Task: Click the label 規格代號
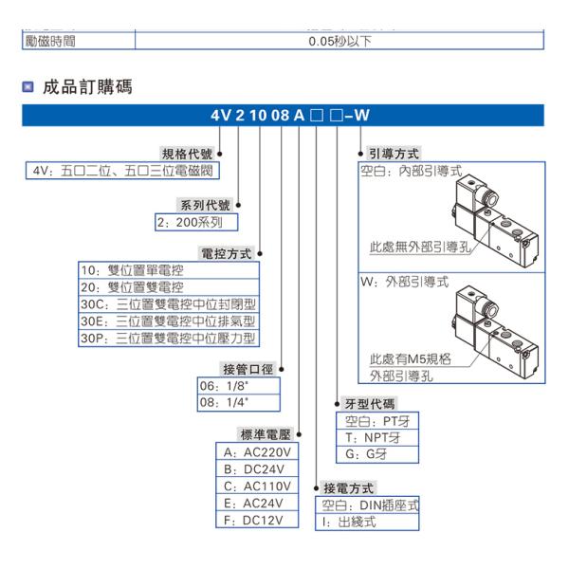[x=189, y=154]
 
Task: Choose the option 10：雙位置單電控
[x=132, y=269]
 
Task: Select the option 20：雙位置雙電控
[x=132, y=286]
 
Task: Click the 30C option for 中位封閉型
[x=167, y=304]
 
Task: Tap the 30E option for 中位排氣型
[x=167, y=321]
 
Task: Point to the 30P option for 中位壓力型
[x=167, y=339]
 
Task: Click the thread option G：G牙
[x=366, y=454]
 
